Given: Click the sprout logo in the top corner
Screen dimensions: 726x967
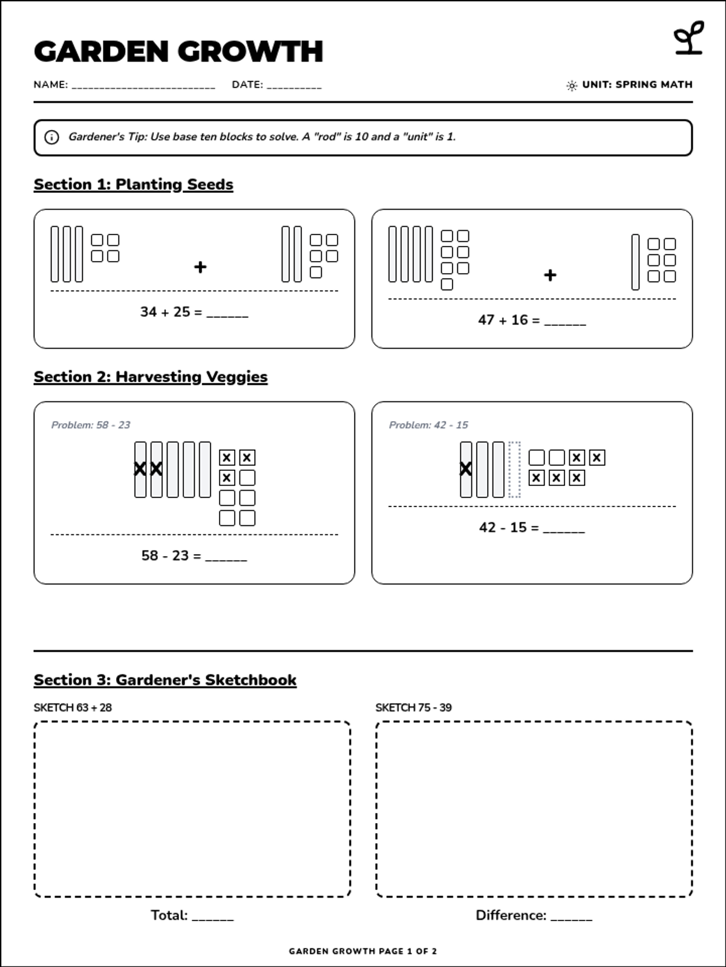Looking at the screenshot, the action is [688, 38].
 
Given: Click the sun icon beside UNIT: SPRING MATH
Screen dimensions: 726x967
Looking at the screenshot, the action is [572, 85].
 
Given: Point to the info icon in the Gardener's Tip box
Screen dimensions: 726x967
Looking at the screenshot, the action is [51, 137].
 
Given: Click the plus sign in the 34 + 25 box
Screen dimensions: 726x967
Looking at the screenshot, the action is [200, 267].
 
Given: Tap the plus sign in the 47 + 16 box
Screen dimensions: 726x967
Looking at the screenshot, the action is [550, 276].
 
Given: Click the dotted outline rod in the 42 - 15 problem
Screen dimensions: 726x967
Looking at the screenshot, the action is [514, 470].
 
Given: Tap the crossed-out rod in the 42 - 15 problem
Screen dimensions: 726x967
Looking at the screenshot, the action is [466, 470].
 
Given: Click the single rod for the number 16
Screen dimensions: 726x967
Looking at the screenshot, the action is [635, 262].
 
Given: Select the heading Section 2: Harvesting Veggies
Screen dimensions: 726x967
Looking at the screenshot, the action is [151, 377].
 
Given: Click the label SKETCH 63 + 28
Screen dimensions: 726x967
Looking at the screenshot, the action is [73, 708].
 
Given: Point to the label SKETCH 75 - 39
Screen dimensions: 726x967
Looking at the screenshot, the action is [413, 708].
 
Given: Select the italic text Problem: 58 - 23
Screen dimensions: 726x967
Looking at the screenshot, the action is [91, 425].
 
